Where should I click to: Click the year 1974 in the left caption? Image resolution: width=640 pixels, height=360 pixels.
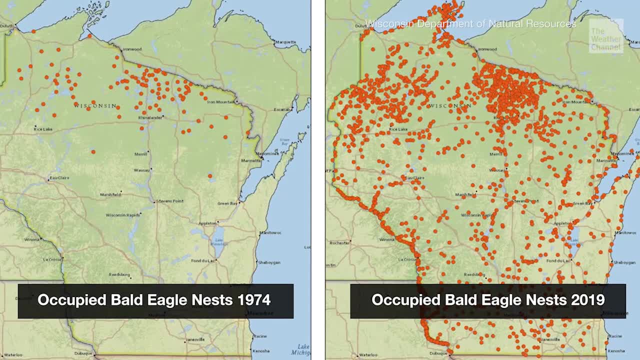(253, 300)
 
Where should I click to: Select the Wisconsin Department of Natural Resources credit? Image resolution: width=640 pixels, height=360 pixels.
(470, 23)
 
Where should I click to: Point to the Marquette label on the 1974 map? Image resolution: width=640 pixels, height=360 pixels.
(286, 42)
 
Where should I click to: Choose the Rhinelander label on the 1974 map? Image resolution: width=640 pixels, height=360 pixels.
(150, 117)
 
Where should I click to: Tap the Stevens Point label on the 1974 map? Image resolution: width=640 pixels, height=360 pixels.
(170, 201)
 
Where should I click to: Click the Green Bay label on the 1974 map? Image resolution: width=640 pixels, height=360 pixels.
(227, 203)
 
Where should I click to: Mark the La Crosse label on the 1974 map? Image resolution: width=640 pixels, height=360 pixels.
(52, 259)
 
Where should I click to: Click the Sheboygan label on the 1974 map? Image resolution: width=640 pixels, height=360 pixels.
(268, 262)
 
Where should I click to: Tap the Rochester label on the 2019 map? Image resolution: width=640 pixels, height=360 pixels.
(339, 243)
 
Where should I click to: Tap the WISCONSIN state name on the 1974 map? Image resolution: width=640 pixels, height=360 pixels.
(95, 106)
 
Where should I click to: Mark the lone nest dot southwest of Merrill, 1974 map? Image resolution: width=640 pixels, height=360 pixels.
(93, 151)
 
